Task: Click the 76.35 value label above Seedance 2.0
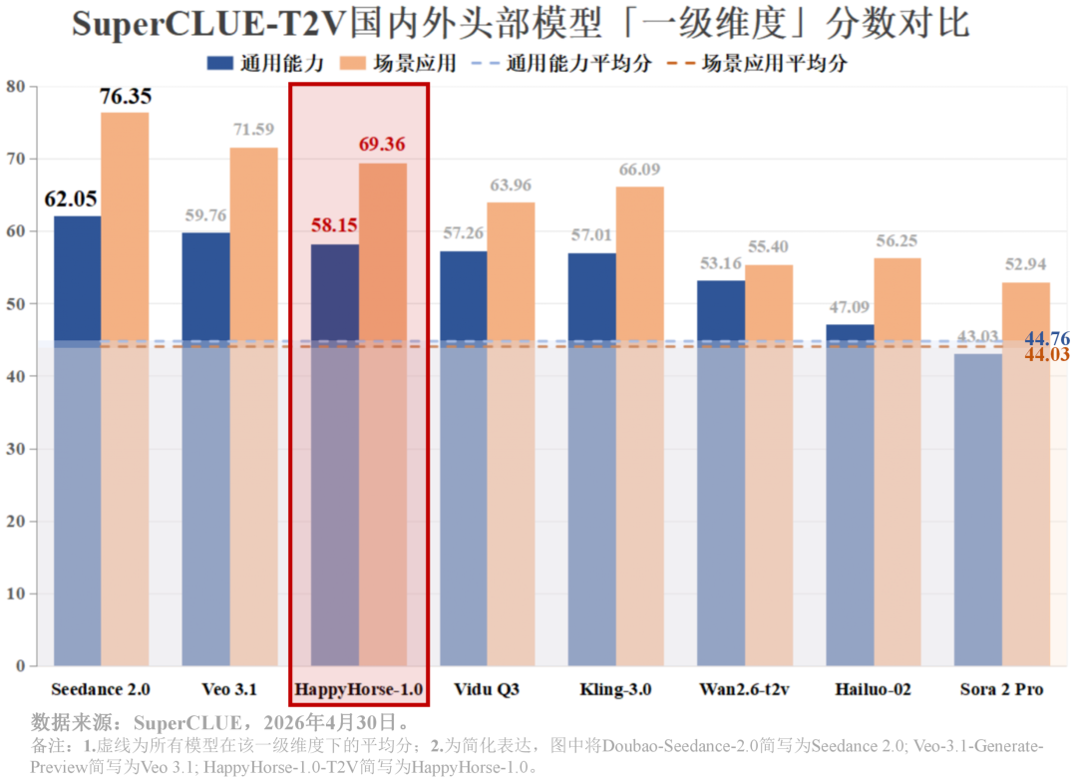(125, 96)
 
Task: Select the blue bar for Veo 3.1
(206, 449)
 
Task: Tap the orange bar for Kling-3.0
(639, 426)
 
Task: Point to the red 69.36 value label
(382, 145)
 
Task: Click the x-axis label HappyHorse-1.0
(359, 689)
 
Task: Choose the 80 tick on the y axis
(15, 87)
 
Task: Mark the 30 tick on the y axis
(15, 449)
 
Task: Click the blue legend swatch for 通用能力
(219, 63)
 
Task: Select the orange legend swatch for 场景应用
(352, 63)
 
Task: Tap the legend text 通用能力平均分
(579, 63)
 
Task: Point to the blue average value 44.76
(1047, 338)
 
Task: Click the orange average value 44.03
(1047, 354)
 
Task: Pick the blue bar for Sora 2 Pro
(978, 510)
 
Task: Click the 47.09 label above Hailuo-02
(849, 307)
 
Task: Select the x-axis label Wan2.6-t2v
(745, 689)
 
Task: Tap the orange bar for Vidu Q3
(511, 434)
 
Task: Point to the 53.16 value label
(721, 263)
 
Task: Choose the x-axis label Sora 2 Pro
(1001, 689)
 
